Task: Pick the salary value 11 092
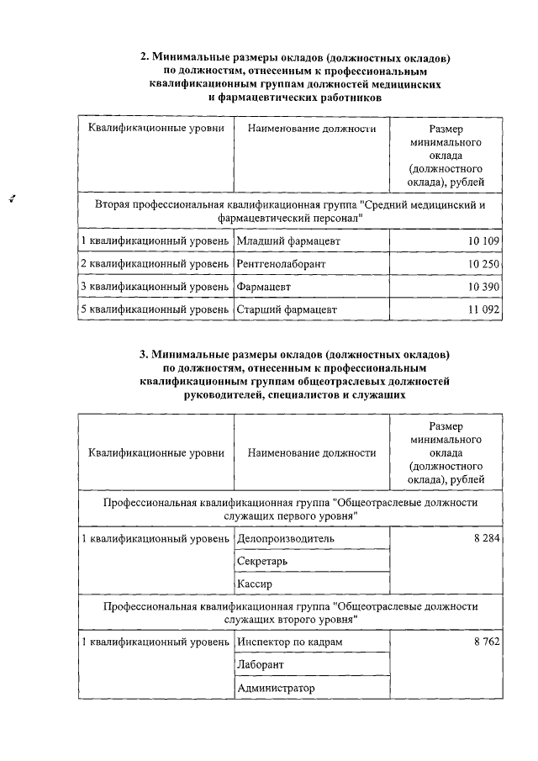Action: (x=483, y=309)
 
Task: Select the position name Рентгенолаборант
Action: (x=281, y=264)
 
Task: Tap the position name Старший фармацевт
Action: (x=287, y=309)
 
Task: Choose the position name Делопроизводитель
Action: (x=286, y=538)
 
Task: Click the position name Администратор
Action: (x=276, y=688)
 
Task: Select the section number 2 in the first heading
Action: (x=144, y=58)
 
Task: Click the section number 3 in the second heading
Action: (x=144, y=354)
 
